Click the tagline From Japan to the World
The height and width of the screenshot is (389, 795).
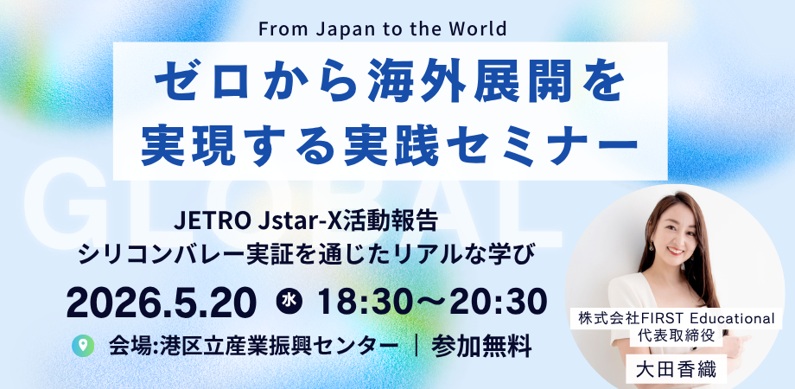[x=382, y=27]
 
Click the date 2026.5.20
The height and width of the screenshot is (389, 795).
[x=162, y=302]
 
